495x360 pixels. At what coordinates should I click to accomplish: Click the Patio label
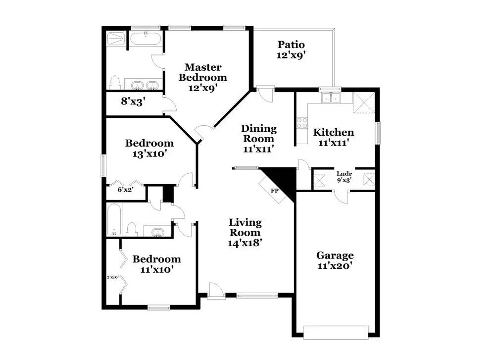pos(291,45)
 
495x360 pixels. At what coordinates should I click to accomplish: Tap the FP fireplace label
pos(275,191)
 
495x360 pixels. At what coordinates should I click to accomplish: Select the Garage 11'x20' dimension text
pos(335,266)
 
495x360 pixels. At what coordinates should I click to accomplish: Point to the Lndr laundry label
pos(344,174)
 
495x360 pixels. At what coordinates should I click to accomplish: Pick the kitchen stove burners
pos(302,122)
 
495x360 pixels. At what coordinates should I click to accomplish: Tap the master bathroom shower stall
pos(116,39)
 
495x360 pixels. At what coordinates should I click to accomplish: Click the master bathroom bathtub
pos(146,39)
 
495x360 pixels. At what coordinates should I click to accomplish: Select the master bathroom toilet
pos(115,82)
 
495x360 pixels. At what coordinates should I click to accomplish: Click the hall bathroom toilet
pos(131,229)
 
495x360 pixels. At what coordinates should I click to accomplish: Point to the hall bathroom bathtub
pos(114,220)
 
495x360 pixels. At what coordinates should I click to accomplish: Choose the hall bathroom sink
pos(157,232)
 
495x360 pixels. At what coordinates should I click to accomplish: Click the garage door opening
pos(336,333)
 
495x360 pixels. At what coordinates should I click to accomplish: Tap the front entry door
pos(216,291)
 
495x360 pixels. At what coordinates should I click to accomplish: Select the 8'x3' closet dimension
pos(133,102)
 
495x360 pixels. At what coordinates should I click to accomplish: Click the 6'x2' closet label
pos(125,190)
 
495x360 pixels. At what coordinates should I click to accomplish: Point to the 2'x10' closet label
pos(113,277)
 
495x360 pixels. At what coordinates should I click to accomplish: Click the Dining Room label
pos(259,133)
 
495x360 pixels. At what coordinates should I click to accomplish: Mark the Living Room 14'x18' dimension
pos(245,243)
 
